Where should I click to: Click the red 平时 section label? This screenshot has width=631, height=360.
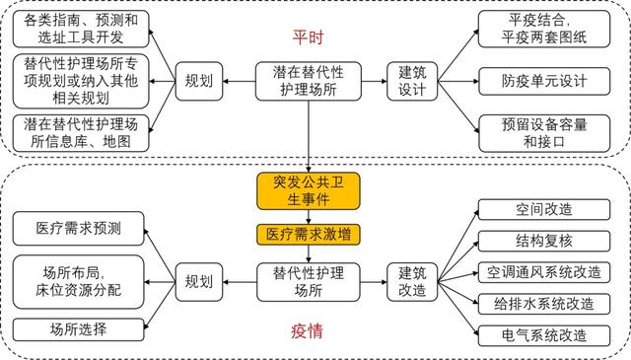pyautogui.click(x=309, y=37)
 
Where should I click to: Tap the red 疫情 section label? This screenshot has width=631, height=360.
pyautogui.click(x=309, y=331)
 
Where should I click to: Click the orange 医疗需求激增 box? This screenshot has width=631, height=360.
pyautogui.click(x=309, y=235)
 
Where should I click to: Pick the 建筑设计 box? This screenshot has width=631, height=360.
pyautogui.click(x=412, y=81)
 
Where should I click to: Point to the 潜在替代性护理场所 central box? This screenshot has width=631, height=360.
pyautogui.click(x=309, y=81)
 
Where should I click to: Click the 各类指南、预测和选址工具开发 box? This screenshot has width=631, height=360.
pyautogui.click(x=81, y=28)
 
